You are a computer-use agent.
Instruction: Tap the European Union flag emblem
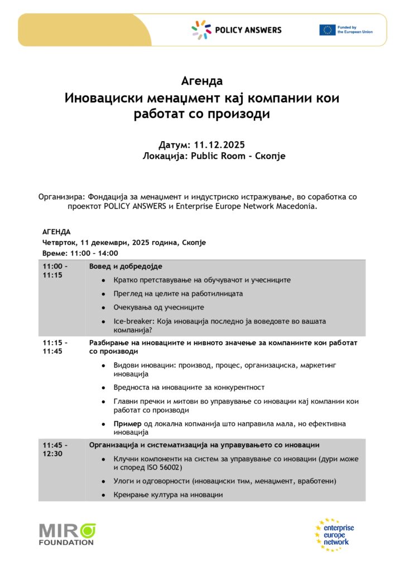click(327, 30)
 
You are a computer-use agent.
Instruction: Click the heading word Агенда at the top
click(202, 81)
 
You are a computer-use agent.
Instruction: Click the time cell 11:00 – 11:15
click(55, 271)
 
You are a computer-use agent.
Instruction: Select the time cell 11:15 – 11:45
click(55, 347)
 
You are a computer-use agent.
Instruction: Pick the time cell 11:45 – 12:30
click(55, 449)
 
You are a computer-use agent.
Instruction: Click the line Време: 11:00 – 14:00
click(80, 253)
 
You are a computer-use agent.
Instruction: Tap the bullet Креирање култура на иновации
click(168, 495)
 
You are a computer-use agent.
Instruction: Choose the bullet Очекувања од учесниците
click(158, 307)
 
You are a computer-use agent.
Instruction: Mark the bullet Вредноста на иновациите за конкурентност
click(189, 387)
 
